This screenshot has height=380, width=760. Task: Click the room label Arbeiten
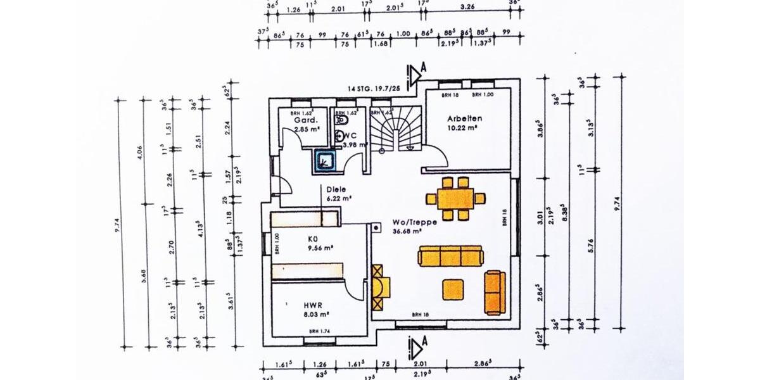click(x=465, y=118)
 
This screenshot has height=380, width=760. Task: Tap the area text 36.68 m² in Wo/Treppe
click(x=407, y=231)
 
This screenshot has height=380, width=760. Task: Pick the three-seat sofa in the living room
click(x=451, y=256)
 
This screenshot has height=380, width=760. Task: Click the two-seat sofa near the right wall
click(x=495, y=292)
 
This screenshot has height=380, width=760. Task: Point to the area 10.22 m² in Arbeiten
click(x=462, y=127)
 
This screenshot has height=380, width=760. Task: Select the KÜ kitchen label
click(x=313, y=239)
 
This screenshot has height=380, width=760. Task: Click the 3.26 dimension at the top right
click(x=469, y=9)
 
